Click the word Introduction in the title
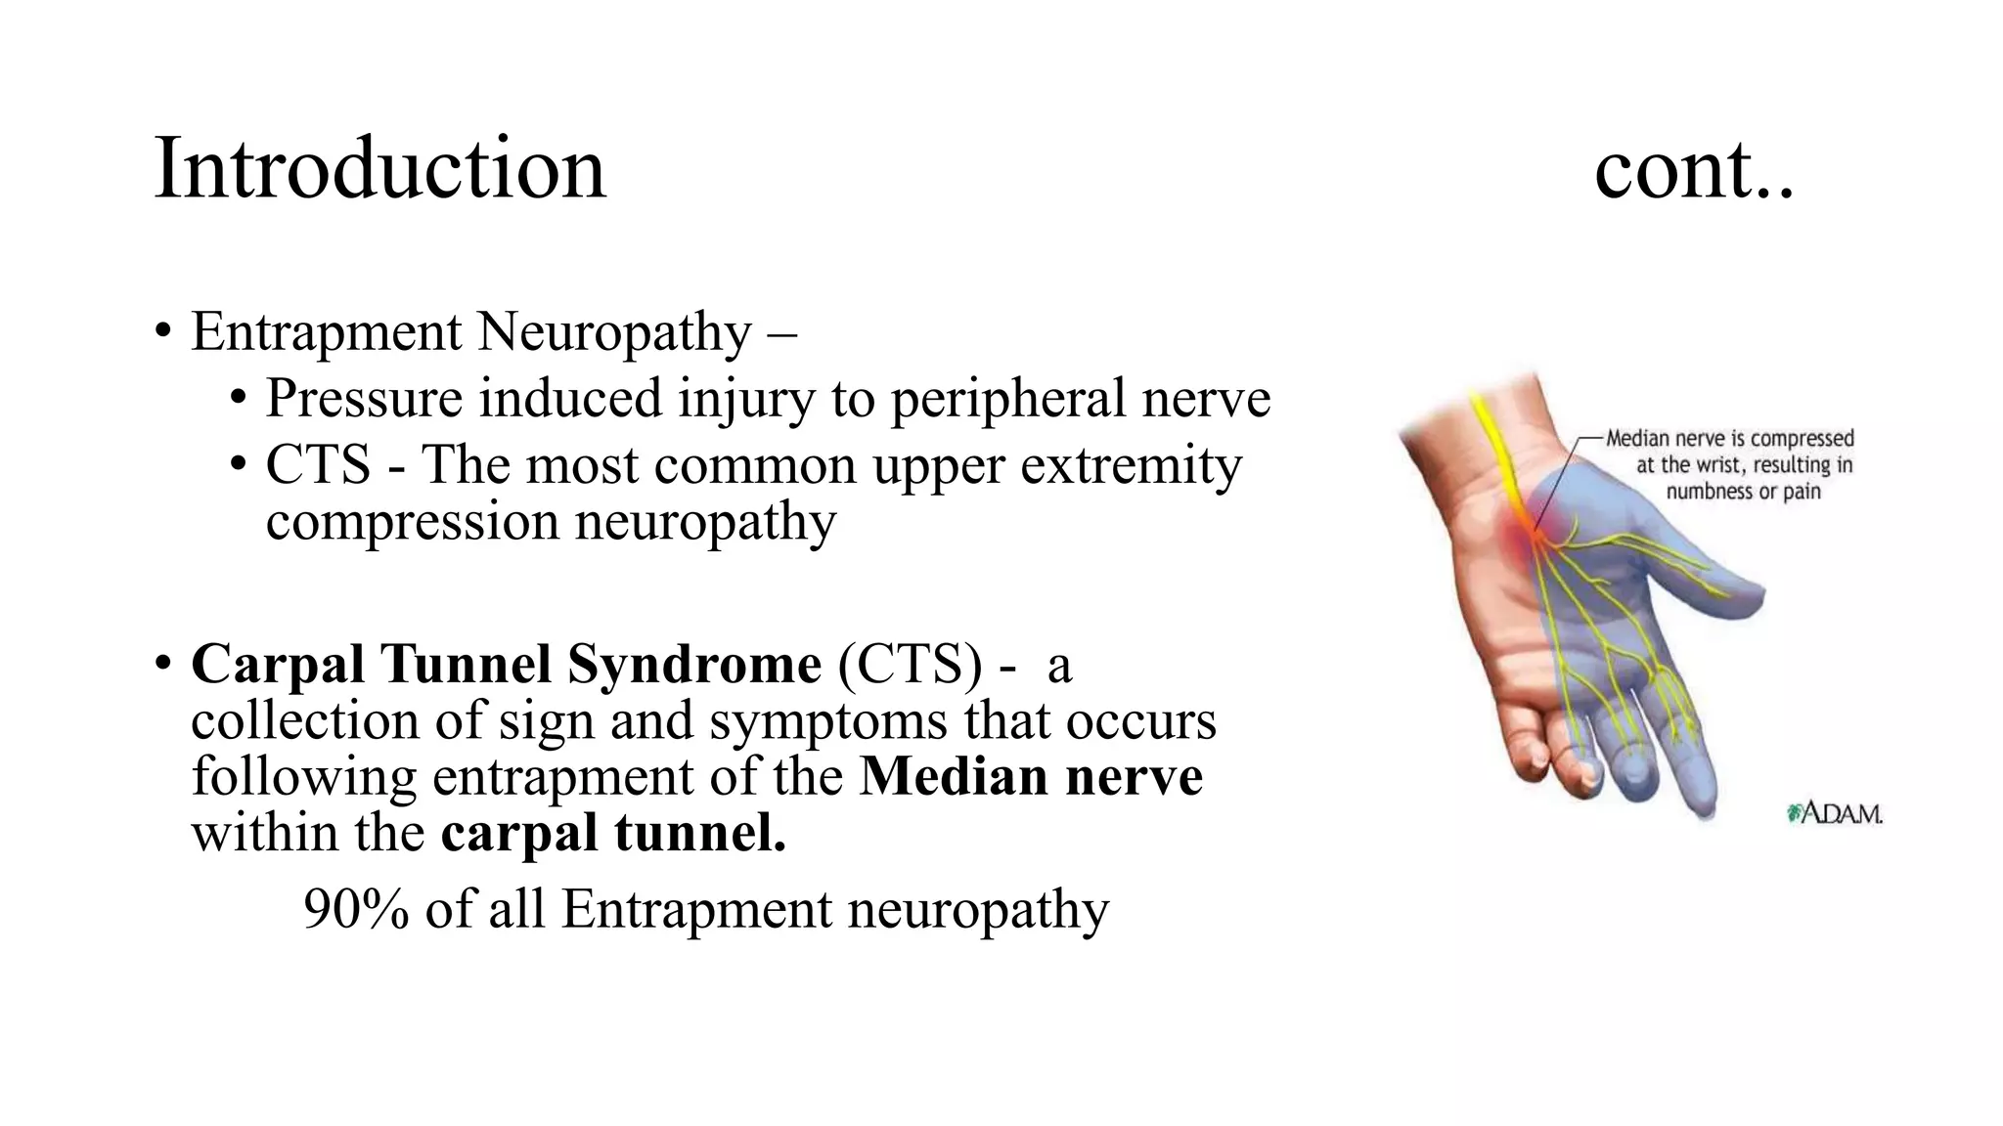(379, 168)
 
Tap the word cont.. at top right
(1694, 170)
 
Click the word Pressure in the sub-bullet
(364, 399)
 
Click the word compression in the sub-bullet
(412, 521)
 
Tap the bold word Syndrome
(694, 665)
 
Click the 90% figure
(355, 909)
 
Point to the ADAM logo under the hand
(1835, 813)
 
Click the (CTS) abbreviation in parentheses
(910, 665)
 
